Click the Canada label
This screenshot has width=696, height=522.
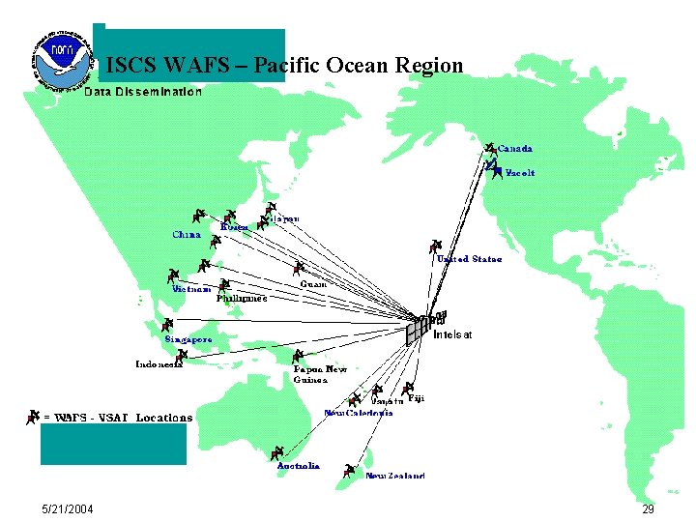tap(514, 149)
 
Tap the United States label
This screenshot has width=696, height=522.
tap(469, 259)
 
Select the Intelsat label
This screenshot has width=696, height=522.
tap(453, 334)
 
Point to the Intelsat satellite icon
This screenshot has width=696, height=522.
tap(424, 326)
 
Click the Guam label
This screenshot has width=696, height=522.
tap(312, 284)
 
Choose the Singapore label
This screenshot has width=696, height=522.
tap(188, 340)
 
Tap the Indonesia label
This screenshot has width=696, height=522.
tap(159, 364)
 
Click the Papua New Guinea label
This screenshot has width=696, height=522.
tap(320, 374)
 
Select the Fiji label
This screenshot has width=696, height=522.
tap(416, 397)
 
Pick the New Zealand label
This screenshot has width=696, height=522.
tap(394, 476)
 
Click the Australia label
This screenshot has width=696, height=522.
tap(298, 466)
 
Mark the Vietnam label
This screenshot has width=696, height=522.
tap(191, 289)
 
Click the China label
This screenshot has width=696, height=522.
tap(187, 234)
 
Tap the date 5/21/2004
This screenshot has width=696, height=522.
tap(68, 509)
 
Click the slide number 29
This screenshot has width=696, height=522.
tap(648, 509)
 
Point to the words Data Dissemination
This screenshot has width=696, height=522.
tap(143, 92)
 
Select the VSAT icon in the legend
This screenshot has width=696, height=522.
tap(35, 416)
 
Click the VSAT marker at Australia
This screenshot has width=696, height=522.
tap(277, 452)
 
